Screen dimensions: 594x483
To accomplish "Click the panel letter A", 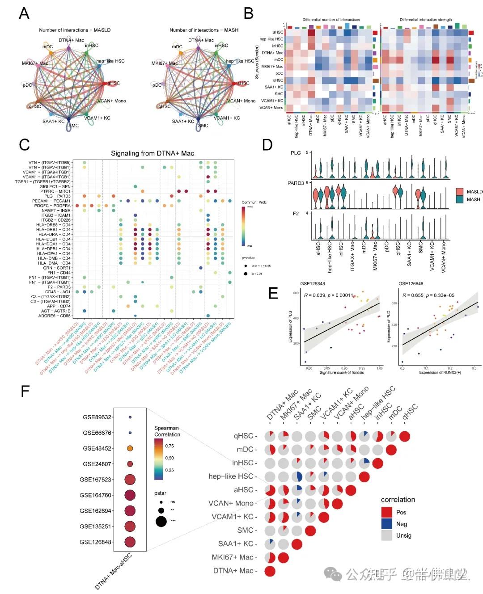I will click(24, 13).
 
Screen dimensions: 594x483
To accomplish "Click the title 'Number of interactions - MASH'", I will click(203, 30).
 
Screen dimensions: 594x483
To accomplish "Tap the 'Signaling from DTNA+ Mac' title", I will click(152, 153).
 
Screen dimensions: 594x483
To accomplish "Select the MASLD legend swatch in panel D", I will click(459, 191).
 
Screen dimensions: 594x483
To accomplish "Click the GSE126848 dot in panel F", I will click(130, 542).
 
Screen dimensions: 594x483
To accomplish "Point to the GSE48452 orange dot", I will click(130, 448).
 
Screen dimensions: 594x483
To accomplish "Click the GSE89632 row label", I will click(97, 417).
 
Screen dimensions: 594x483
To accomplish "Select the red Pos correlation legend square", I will click(387, 512).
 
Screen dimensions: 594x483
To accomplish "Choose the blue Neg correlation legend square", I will click(387, 524).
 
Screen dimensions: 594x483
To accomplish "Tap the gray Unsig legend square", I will click(387, 535).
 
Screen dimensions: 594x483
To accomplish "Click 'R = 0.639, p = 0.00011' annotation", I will click(329, 295).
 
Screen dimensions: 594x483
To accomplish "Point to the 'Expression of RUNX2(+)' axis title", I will click(440, 372).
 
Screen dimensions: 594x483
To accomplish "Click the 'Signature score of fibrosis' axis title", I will click(342, 372).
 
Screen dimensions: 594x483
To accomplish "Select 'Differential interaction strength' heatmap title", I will click(425, 20).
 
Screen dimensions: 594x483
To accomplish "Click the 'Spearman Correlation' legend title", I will click(167, 431).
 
